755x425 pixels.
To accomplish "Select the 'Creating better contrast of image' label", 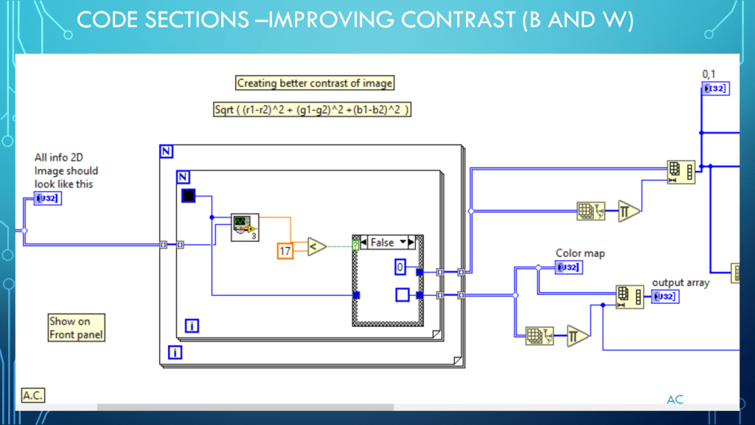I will pyautogui.click(x=315, y=83).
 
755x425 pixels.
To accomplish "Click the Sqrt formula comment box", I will pyautogui.click(x=312, y=109).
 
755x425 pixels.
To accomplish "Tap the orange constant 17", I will pyautogui.click(x=285, y=251).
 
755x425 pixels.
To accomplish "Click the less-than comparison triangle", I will pyautogui.click(x=316, y=246).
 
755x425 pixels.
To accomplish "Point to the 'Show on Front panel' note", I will pyautogui.click(x=76, y=328).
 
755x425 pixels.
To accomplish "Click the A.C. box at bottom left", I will pyautogui.click(x=32, y=395).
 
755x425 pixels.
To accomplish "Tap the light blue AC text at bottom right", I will pyautogui.click(x=675, y=399).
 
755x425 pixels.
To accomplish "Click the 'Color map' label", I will pyautogui.click(x=580, y=253).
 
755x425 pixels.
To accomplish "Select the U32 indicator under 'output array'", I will pyautogui.click(x=665, y=297).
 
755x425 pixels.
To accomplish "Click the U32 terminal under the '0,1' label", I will pyautogui.click(x=714, y=89).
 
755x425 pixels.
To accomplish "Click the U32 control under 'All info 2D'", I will pyautogui.click(x=47, y=198).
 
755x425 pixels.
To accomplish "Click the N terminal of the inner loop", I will pyautogui.click(x=184, y=177).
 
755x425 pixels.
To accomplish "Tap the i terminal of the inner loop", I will pyautogui.click(x=192, y=325).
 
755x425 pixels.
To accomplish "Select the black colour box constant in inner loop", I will pyautogui.click(x=189, y=196).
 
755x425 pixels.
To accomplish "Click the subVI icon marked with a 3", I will pyautogui.click(x=243, y=226).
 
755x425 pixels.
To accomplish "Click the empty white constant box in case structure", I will pyautogui.click(x=403, y=295).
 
